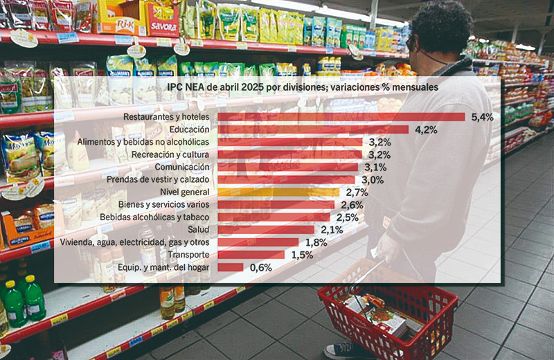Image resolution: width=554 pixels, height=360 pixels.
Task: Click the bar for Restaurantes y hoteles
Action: [x=341, y=117]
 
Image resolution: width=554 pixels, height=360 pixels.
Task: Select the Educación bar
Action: [x=313, y=129]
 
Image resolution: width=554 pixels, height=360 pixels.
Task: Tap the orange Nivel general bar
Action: [x=279, y=192]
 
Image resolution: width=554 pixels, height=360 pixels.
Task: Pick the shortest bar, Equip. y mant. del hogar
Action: [x=231, y=267]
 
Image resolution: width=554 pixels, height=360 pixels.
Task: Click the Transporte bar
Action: [x=251, y=255]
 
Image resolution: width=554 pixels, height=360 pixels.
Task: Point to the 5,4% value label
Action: [x=482, y=117]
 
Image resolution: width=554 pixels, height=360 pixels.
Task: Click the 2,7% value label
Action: [x=357, y=192]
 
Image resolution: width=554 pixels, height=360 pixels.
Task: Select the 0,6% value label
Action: [x=260, y=267]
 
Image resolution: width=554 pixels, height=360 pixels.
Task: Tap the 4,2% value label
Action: [x=426, y=129]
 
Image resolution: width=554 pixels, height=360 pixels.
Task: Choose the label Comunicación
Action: [x=181, y=167]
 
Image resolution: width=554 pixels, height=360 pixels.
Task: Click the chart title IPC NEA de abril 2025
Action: [x=277, y=88]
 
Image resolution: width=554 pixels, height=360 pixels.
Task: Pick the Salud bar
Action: [x=266, y=230]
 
